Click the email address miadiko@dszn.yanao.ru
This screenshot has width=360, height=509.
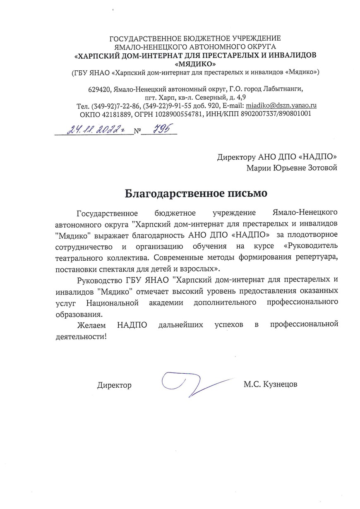coord(281,106)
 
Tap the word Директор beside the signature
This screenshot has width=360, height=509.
coord(114,385)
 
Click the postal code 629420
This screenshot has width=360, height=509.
coord(99,89)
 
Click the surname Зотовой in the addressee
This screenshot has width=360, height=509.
coord(320,168)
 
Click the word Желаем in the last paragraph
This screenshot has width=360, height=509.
coord(90,325)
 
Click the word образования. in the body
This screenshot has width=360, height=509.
coord(79,314)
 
